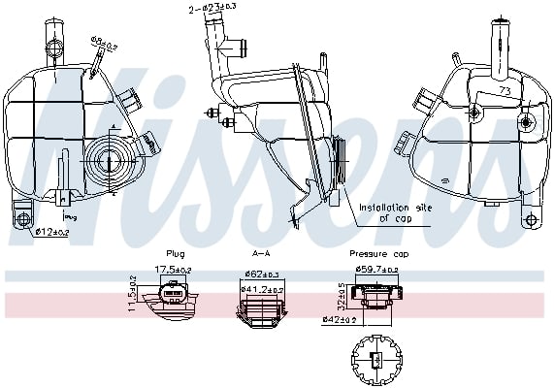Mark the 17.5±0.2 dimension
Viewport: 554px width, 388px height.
coord(176,272)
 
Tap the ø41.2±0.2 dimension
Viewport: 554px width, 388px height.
coord(262,288)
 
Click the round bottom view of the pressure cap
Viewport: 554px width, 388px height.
coord(373,359)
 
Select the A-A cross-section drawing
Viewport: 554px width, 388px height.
coord(260,308)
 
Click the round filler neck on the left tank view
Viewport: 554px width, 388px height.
coord(108,156)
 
